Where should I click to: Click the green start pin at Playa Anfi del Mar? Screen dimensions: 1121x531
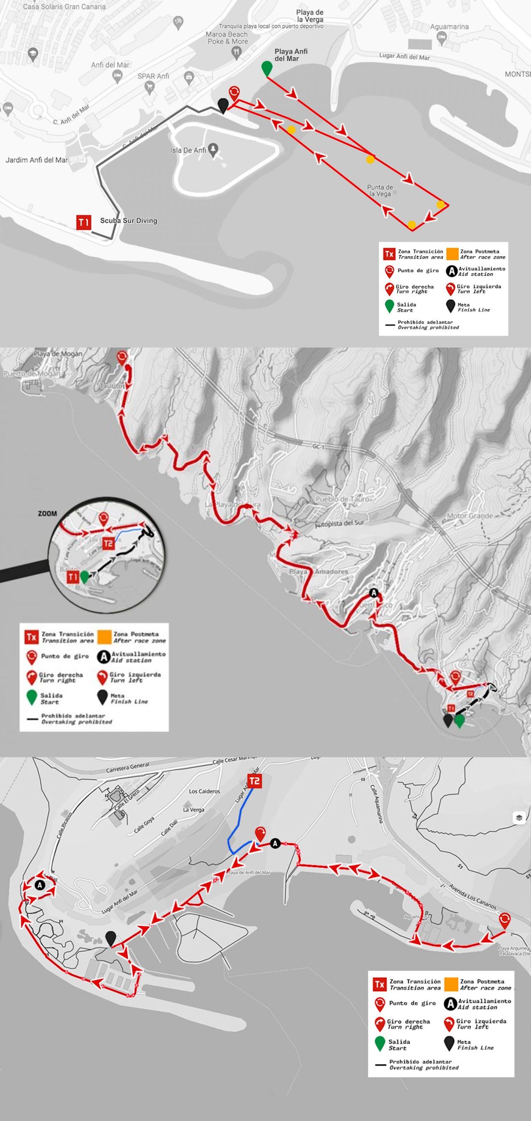pos(266,68)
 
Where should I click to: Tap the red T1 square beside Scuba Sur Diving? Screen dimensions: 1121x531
pos(84,222)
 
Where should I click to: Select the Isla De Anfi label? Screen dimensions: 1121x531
pos(188,150)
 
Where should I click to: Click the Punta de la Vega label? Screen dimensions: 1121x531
pos(380,190)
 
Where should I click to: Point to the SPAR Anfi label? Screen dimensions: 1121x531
pos(153,76)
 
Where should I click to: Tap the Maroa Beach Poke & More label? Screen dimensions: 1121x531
pos(227,38)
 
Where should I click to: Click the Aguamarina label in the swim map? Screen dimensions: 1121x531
pos(449,27)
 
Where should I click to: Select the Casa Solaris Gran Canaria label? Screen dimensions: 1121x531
pos(64,7)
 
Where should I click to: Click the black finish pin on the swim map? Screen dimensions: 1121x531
pos(223,106)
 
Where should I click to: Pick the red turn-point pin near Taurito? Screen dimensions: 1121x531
pos(121,358)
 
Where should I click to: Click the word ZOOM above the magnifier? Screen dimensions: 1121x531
pos(47,513)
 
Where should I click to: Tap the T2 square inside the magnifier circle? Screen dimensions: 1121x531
pos(108,544)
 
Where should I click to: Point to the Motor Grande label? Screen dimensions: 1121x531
pos(469,516)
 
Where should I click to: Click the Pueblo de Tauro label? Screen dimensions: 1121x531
pos(343,499)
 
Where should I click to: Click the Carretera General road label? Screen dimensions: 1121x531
pos(127,768)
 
